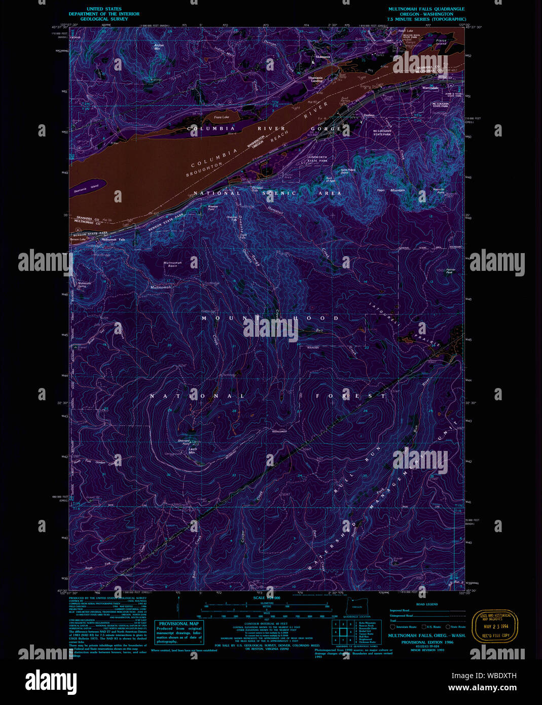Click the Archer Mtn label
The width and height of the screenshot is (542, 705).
click(x=159, y=47)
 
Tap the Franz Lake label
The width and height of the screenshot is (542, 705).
click(x=222, y=117)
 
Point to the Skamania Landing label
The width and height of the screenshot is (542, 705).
click(x=315, y=79)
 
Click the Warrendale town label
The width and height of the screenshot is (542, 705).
click(x=430, y=88)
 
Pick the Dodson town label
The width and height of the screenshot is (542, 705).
click(x=369, y=115)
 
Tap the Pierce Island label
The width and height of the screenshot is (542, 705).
click(x=441, y=42)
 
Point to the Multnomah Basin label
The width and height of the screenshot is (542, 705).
click(x=172, y=264)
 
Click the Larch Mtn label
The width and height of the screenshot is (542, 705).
click(x=192, y=450)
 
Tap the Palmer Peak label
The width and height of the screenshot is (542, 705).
click(x=450, y=271)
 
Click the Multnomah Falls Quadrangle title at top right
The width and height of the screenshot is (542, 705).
click(x=426, y=9)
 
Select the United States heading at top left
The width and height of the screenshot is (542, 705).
click(x=104, y=9)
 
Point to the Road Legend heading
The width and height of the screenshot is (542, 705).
click(x=427, y=605)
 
